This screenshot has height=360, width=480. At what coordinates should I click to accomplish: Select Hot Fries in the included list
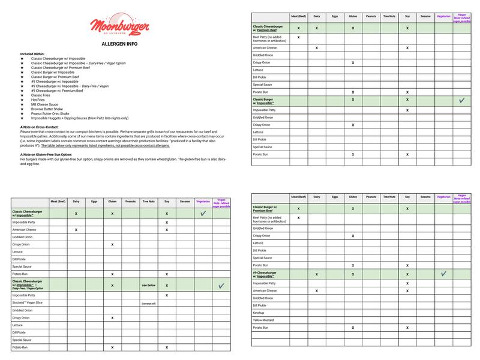click(38, 100)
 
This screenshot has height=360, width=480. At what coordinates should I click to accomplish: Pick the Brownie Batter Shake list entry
click(46, 109)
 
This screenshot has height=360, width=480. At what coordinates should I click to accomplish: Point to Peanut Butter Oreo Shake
click(50, 113)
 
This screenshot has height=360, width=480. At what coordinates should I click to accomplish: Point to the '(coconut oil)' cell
click(148, 303)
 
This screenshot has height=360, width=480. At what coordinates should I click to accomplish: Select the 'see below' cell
click(148, 285)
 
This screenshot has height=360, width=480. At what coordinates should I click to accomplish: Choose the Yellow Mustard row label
click(265, 320)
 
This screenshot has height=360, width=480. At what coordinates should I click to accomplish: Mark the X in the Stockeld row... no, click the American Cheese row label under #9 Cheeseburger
click(267, 290)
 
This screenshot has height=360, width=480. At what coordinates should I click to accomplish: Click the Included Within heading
click(33, 54)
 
